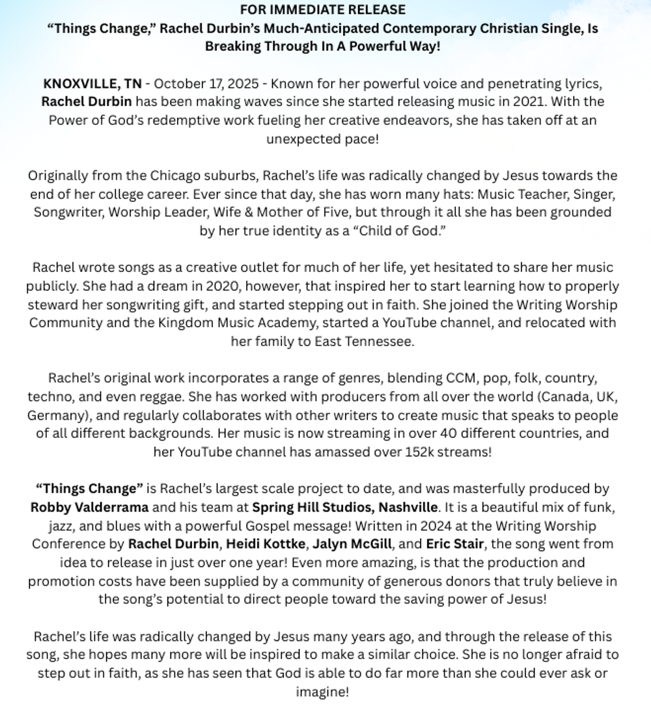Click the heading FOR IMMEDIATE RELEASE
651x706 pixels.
coord(322,10)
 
